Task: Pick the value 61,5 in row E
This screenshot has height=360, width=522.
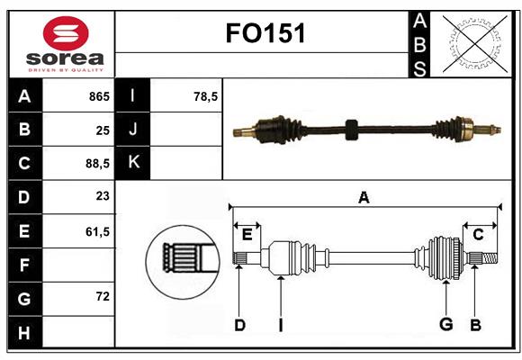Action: coord(96,232)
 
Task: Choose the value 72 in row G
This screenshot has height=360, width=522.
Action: coord(103,296)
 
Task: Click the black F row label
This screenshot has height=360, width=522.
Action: coord(24,265)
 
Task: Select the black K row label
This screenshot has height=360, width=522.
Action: coord(134,163)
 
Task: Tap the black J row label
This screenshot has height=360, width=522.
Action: coord(134,130)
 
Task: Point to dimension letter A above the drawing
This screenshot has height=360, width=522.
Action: coord(364,197)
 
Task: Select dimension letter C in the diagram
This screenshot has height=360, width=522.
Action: coord(478,235)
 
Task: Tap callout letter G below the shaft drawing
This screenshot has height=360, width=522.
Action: coord(445,325)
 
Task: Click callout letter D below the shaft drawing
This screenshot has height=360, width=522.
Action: coord(239,325)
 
